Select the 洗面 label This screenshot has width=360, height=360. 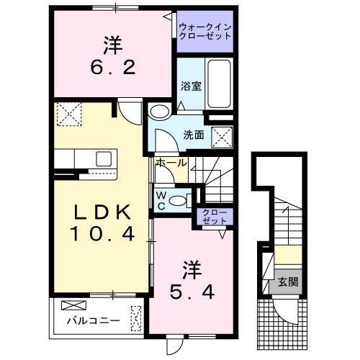pyautogui.click(x=194, y=134)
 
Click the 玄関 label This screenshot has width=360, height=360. pyautogui.click(x=288, y=283)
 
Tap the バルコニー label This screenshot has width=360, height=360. pyautogui.click(x=89, y=320)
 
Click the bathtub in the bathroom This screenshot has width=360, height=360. pyautogui.click(x=218, y=85)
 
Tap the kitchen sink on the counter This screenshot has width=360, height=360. pyautogui.click(x=101, y=158)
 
